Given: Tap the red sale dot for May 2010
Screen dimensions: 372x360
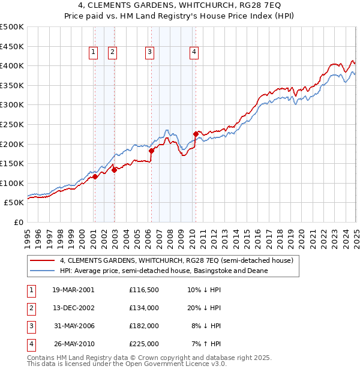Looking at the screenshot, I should pyautogui.click(x=196, y=134).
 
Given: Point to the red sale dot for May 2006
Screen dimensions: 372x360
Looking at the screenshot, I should pyautogui.click(x=151, y=151).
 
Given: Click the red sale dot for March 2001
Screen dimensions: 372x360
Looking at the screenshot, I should pyautogui.click(x=95, y=176).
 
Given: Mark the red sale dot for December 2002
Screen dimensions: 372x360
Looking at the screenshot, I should pyautogui.click(x=114, y=170).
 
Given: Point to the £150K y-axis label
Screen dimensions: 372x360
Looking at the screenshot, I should pyautogui.click(x=12, y=163).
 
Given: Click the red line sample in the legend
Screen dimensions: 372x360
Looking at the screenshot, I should pyautogui.click(x=42, y=261).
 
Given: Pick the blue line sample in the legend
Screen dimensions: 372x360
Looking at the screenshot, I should pyautogui.click(x=42, y=271).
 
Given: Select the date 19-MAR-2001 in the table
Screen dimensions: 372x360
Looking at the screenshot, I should pyautogui.click(x=73, y=289).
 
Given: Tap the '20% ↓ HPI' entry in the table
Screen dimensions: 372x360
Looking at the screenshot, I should pyautogui.click(x=204, y=307).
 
